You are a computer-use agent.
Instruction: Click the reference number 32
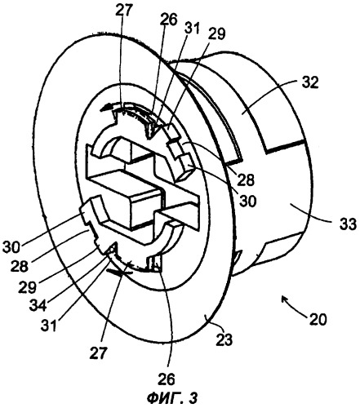tap(309, 82)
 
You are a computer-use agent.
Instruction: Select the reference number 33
tap(347, 224)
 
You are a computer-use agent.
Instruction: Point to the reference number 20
tap(317, 319)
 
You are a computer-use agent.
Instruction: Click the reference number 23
tap(224, 339)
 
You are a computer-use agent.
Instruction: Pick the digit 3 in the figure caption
tap(193, 398)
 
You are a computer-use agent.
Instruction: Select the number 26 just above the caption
tap(167, 379)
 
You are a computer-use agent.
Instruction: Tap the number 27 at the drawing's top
tap(123, 11)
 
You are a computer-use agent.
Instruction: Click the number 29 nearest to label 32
tap(217, 34)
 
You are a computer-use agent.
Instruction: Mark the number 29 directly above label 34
tap(27, 287)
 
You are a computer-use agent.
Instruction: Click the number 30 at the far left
tap(12, 247)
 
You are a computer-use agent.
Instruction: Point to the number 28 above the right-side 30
tap(246, 180)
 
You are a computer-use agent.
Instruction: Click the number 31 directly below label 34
tap(49, 325)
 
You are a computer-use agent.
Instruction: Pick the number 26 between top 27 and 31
tap(169, 20)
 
